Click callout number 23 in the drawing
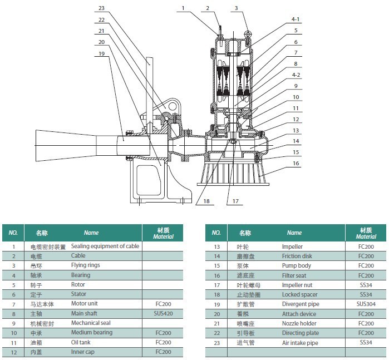coord(101,8)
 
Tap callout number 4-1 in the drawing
coord(296,19)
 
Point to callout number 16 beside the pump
coord(296,164)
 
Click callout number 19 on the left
coord(101,53)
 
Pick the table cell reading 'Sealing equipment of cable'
coord(105,246)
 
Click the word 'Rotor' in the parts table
coord(78,284)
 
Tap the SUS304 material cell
coord(366,304)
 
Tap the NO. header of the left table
coord(13,233)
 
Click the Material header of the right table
coord(366,233)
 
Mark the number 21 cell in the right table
coord(216,323)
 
